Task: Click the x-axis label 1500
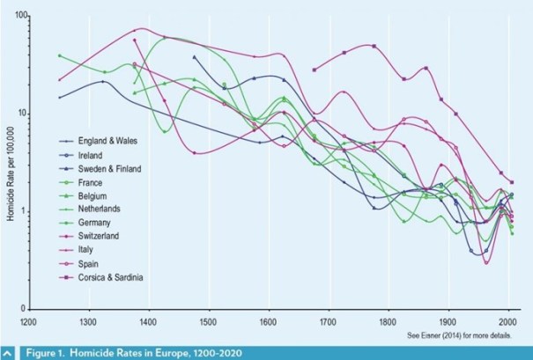(208, 322)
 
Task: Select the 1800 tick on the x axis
(389, 322)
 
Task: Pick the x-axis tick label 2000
(508, 322)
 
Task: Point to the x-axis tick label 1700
(329, 322)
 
